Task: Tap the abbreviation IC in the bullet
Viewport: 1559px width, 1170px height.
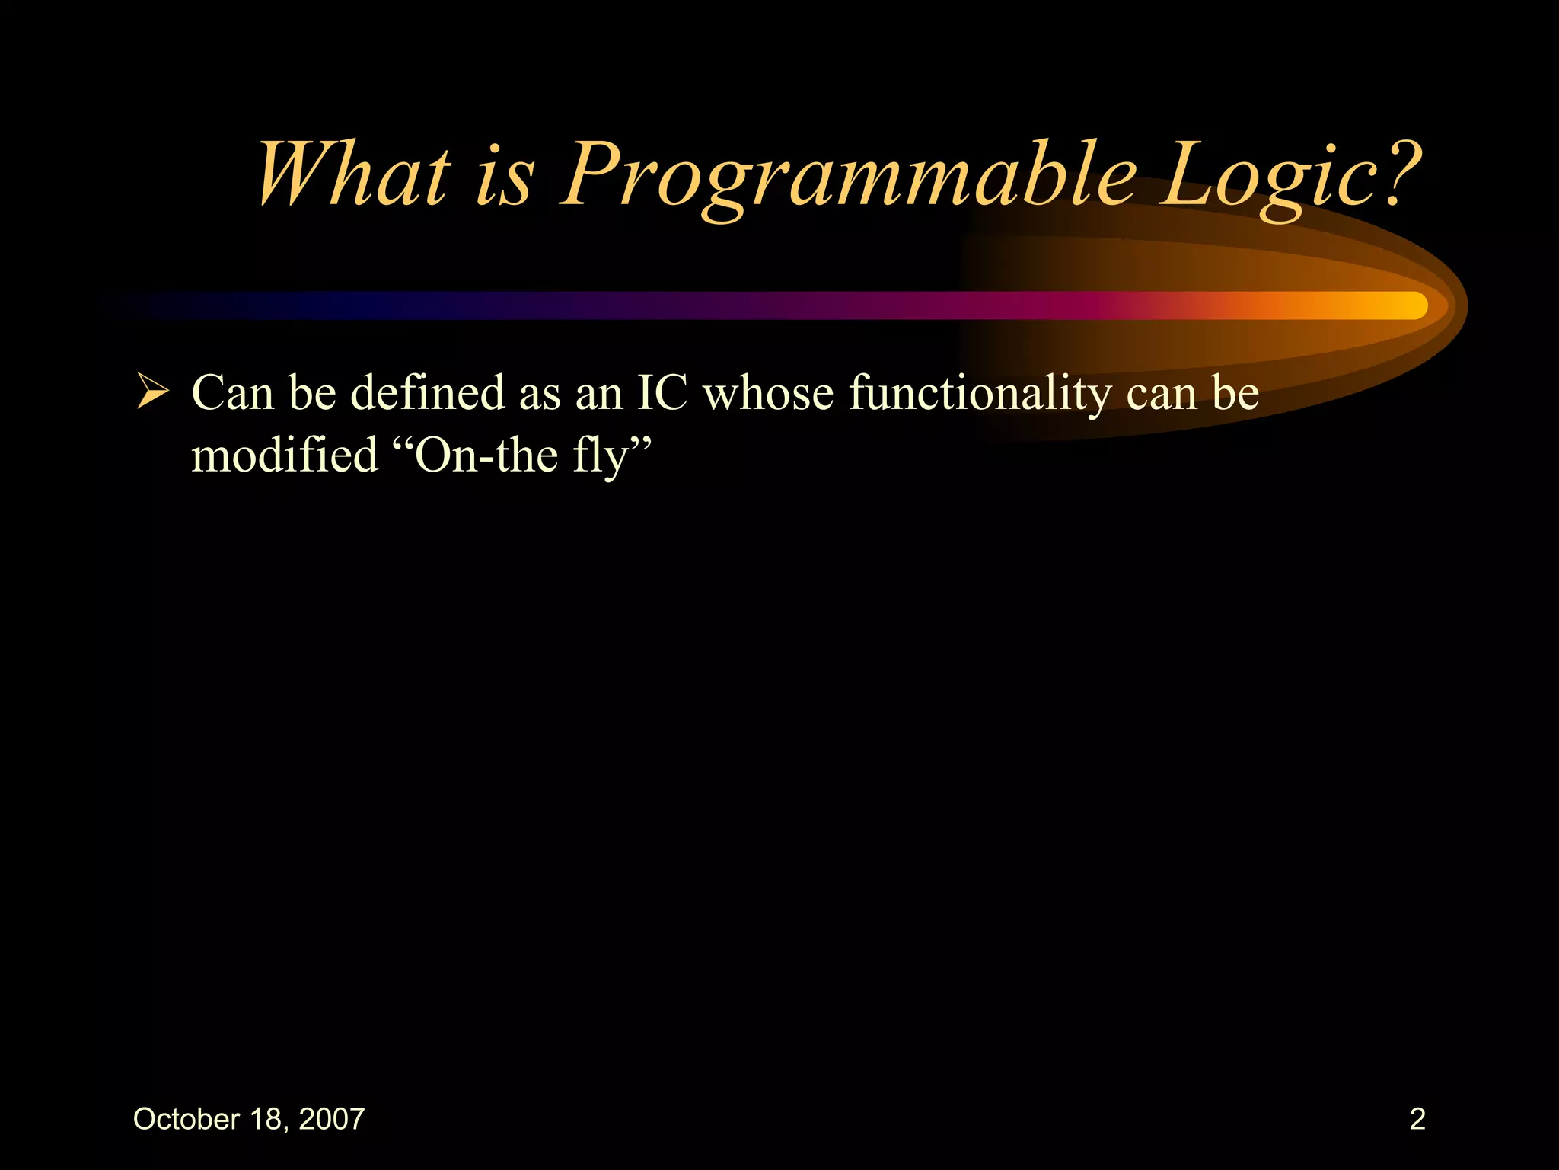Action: click(x=662, y=393)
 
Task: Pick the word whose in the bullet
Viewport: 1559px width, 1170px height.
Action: click(x=768, y=393)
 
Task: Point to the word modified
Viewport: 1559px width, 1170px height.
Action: click(x=284, y=456)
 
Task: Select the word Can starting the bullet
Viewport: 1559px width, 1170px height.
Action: click(x=232, y=393)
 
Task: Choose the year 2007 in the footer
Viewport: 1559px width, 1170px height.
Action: click(x=332, y=1119)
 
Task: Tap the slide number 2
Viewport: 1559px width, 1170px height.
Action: click(x=1417, y=1119)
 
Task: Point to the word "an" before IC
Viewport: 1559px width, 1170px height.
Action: click(x=598, y=395)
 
